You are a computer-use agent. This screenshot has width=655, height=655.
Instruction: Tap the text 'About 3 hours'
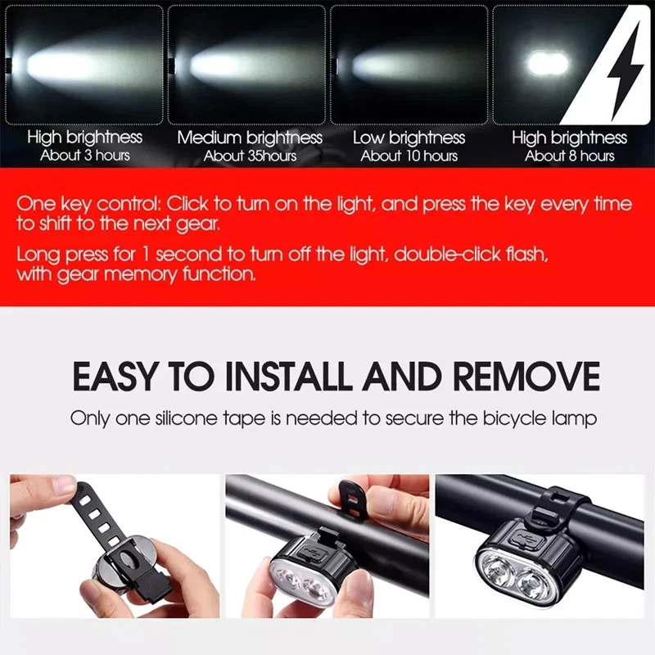point(84,156)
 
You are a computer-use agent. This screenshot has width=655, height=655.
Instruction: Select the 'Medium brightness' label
point(250,138)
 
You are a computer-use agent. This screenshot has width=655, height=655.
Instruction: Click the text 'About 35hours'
point(250,156)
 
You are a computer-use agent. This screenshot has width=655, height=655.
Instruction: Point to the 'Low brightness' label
point(409,138)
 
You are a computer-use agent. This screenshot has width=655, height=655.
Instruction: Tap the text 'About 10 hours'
point(409,156)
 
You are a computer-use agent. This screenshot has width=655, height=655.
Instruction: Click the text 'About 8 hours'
point(569,156)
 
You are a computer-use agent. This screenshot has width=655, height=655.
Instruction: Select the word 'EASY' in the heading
point(114,377)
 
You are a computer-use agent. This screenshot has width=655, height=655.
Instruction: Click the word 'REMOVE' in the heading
point(526,377)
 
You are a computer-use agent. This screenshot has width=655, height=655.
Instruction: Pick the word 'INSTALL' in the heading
point(288,377)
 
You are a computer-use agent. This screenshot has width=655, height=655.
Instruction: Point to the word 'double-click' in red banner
point(442,254)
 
